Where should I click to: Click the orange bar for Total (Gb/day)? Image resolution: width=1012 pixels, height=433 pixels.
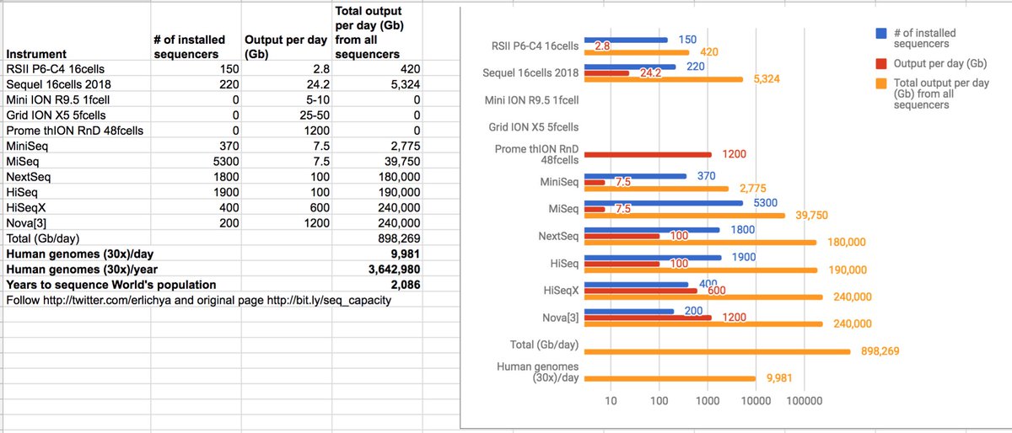[717, 351]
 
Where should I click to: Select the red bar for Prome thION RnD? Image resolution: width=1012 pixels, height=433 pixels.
[648, 154]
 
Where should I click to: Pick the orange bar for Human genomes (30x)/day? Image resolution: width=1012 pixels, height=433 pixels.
[670, 378]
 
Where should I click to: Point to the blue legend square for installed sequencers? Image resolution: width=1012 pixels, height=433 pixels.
[880, 33]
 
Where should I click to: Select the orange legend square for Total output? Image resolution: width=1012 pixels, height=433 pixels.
[880, 83]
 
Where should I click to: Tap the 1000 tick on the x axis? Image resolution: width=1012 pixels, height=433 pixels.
[707, 401]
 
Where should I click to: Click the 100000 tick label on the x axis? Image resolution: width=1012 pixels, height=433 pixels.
[804, 401]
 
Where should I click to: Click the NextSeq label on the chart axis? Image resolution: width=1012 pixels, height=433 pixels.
[559, 236]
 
